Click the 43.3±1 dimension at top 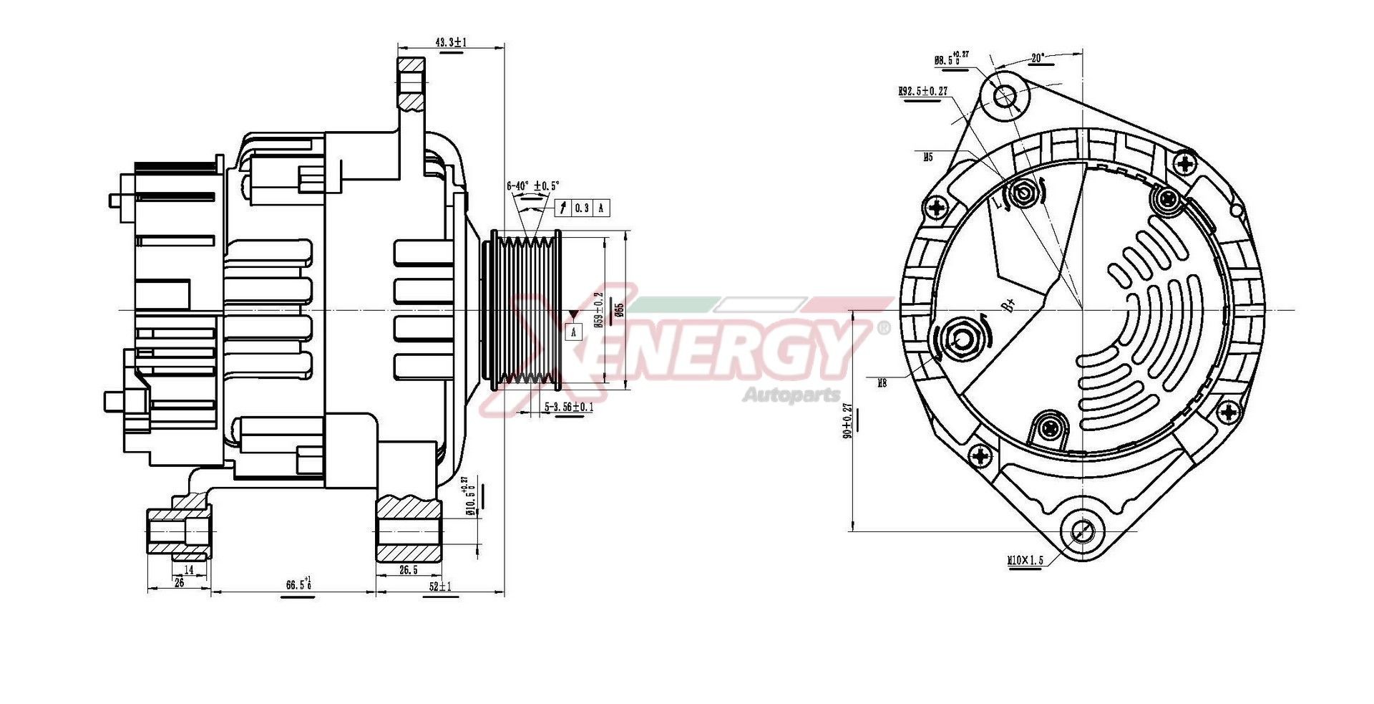coord(450,43)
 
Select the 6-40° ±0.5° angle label coord(533,185)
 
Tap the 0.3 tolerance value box coord(583,208)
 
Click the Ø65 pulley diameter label coord(620,309)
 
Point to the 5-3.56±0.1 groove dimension coord(569,407)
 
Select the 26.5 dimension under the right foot coord(408,570)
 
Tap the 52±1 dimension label coord(440,587)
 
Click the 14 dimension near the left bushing coord(189,570)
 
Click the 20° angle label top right coord(1038,57)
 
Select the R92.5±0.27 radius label coord(922,92)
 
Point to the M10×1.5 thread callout coord(1025,560)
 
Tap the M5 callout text coord(927,155)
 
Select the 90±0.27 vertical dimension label coord(848,421)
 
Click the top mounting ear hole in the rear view coord(1005,96)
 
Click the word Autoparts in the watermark coord(791,395)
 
